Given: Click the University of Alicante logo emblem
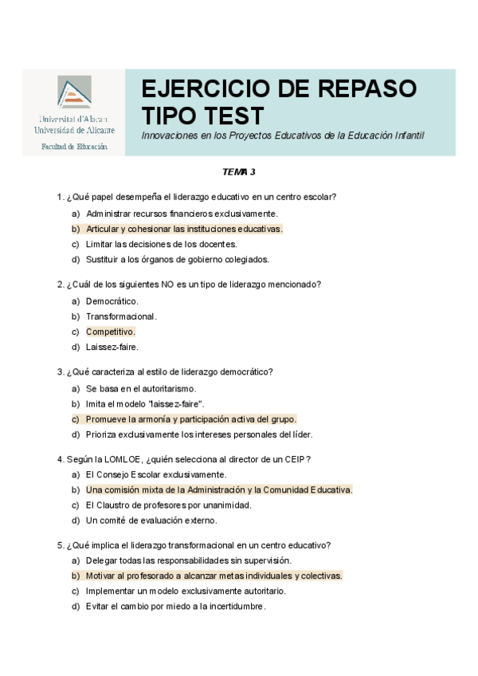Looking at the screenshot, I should (74, 93).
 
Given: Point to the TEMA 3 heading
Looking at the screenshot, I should (238, 171).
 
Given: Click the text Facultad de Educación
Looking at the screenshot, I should (74, 147).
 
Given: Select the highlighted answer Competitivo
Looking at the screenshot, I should (111, 332).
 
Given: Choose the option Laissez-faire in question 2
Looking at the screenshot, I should (112, 347).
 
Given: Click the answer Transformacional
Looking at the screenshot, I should (121, 316).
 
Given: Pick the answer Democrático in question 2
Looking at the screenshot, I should (112, 301).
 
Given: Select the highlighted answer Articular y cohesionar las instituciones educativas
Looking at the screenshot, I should (184, 229).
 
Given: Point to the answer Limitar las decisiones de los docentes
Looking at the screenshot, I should (162, 244).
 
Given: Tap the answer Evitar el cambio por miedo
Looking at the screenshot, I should (175, 606).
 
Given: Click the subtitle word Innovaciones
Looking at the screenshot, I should (167, 136).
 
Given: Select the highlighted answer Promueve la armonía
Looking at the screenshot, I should (191, 419).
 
